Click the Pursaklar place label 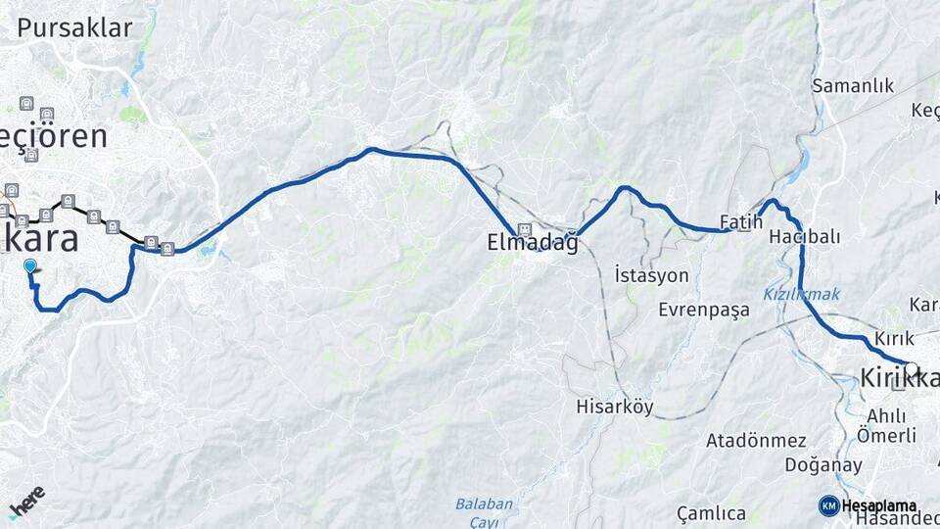pos(74,27)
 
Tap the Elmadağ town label pos(533,243)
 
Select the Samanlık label pos(853,86)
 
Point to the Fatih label pos(740,221)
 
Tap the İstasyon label pos(652,275)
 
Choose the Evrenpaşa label pos(704,310)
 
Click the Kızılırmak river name pos(801,294)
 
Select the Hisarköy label pos(615,406)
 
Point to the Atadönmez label pos(756,441)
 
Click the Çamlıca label pos(711,513)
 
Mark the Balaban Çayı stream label pos(484,512)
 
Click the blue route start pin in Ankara pos(30,265)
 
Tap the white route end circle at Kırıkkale pos(911,368)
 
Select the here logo pos(26,501)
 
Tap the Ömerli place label pos(886,435)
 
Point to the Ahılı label pos(885,415)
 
